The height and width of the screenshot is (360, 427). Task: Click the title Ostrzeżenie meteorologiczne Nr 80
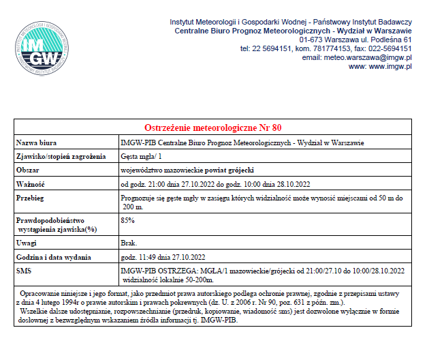212,128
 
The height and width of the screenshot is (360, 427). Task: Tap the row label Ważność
31,184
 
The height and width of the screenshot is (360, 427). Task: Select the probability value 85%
127,220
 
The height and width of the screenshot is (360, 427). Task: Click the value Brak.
128,243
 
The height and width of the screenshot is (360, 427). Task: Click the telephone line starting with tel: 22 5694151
326,49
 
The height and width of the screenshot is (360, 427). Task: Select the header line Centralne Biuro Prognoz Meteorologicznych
294,31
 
